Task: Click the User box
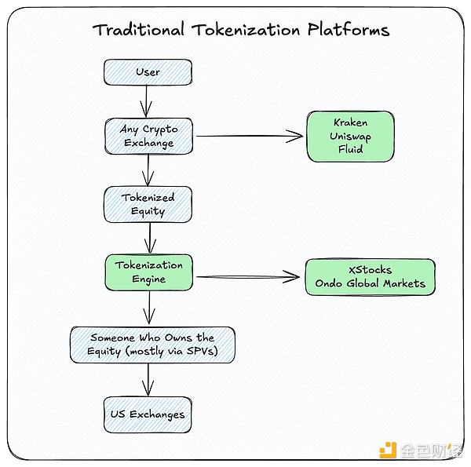(148, 72)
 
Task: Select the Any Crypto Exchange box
(148, 136)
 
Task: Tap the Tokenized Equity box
(148, 204)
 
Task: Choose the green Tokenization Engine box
(148, 272)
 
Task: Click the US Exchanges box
(148, 414)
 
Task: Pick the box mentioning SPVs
(152, 345)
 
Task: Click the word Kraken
(349, 123)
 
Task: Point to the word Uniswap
(349, 136)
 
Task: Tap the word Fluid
(349, 148)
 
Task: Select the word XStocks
(371, 270)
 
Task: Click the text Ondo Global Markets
(371, 283)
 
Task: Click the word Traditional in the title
(138, 31)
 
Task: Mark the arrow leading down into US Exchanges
(147, 380)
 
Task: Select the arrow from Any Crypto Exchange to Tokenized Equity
(147, 169)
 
